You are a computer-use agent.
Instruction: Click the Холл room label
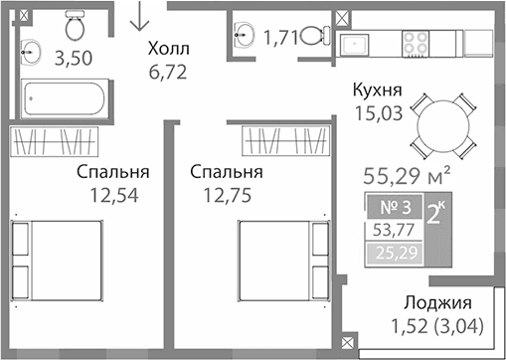coord(166,48)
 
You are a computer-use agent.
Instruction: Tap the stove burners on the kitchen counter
coord(416,43)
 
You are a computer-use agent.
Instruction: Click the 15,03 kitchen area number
coord(377,113)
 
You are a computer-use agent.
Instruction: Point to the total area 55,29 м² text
coord(409,178)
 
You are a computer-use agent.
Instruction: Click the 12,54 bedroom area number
coord(112,194)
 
